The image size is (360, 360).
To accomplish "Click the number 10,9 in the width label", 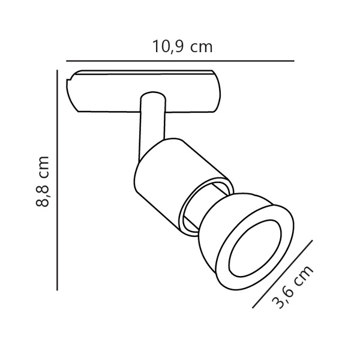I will [x=167, y=47].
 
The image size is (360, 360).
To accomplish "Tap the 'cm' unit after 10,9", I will [x=202, y=47].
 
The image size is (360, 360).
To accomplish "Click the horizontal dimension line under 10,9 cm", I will [x=180, y=61].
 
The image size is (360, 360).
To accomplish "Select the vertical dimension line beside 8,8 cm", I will [x=57, y=180].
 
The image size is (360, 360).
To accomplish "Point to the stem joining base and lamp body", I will [x=149, y=120].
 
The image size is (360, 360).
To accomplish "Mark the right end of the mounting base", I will [x=221, y=93].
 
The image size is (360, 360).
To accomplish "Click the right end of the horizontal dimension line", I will [x=293, y=61].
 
